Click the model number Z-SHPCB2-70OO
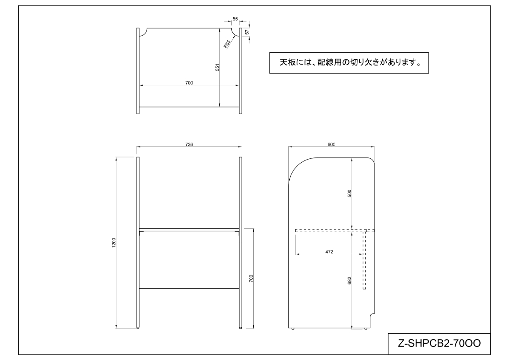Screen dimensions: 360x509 coord(439,343)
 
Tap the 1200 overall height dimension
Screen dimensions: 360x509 coord(114,242)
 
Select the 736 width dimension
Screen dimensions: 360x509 coord(189,145)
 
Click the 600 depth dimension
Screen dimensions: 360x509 coord(331,145)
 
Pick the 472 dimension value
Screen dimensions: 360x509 coord(329,252)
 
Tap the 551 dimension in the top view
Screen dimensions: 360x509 coord(217,67)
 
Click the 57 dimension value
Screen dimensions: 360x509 coord(247,32)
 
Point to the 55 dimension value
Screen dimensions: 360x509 coord(235,20)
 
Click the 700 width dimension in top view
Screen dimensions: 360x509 coord(189,82)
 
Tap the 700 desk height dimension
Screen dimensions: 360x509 coord(251,278)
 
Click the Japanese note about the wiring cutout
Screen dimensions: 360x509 coord(349,63)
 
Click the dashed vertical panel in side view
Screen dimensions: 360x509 coord(364,260)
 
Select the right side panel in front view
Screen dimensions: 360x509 coord(241,242)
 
